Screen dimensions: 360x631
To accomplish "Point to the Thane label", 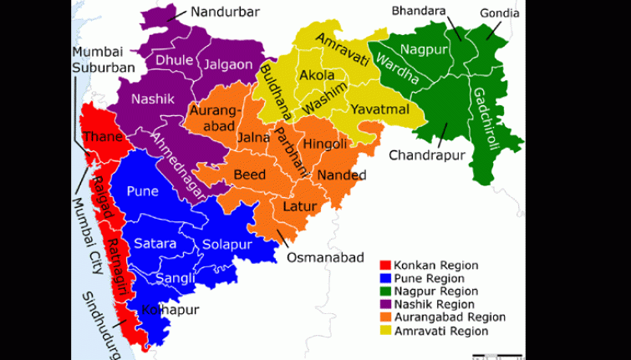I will tap(104, 137).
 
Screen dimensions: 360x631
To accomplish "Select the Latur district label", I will tap(298, 205).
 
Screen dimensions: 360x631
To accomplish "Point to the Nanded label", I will tap(342, 175).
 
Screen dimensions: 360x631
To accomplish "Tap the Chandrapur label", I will tap(425, 155).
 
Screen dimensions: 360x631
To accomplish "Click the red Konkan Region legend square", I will tap(386, 266).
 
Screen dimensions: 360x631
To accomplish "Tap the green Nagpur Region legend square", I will tap(386, 292).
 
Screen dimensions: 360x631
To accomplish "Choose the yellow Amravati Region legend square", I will tap(386, 332).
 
